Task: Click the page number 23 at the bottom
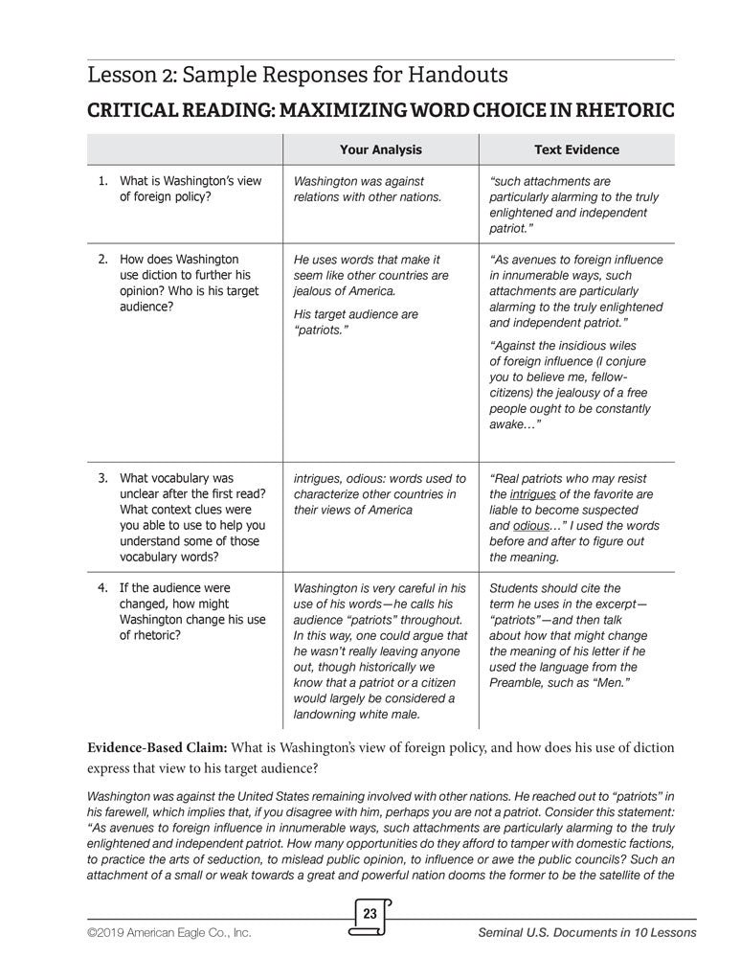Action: coord(370,914)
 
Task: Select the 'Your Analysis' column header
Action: coord(380,149)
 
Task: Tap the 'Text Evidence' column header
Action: coord(576,149)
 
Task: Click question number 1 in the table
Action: coord(103,181)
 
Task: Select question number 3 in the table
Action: coord(103,478)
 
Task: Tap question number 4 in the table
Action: coord(103,587)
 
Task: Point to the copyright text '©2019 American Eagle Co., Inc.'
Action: coord(168,932)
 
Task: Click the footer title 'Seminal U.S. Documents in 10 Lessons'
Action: coord(587,932)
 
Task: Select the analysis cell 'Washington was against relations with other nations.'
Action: coord(368,189)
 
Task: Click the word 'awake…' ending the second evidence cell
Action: coord(514,423)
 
